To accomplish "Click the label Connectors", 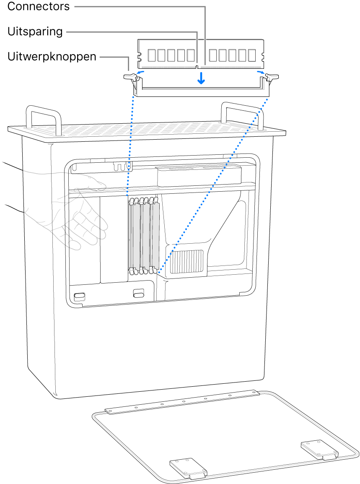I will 39,6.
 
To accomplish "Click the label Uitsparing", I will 35,31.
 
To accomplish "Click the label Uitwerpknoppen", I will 52,57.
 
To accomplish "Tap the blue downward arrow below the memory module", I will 202,78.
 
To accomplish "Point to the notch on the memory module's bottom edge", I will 197,66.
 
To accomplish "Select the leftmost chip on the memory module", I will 152,55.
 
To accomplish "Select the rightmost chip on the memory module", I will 251,55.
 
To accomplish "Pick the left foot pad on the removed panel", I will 188,468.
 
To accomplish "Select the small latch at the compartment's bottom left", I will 78,297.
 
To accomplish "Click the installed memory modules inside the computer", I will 144,235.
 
